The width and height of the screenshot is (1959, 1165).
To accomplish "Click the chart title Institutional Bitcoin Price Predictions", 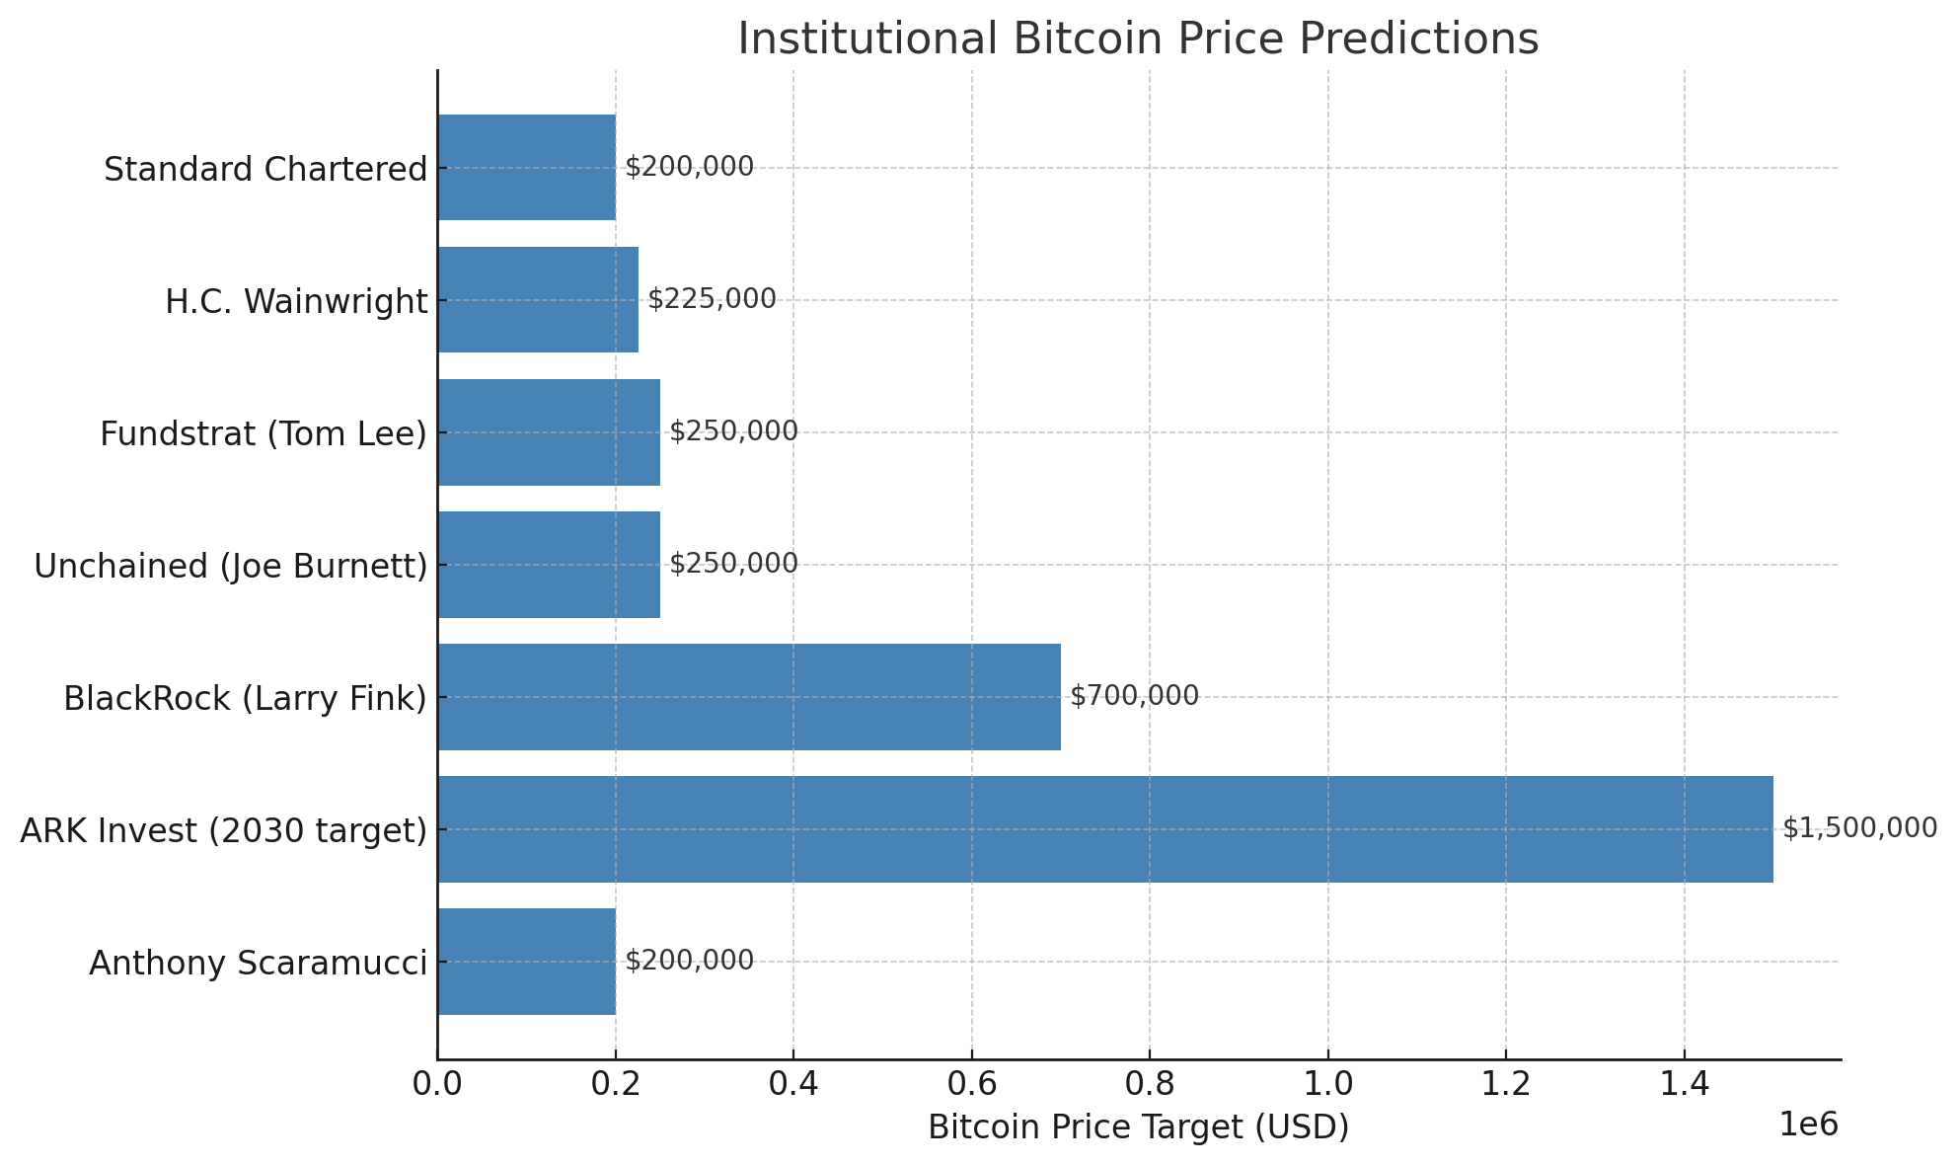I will [x=1138, y=39].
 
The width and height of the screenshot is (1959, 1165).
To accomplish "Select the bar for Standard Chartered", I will [x=527, y=168].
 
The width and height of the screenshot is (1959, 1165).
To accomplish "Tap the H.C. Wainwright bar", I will [x=538, y=300].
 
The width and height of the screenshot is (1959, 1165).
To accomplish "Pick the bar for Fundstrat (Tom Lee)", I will [x=549, y=432].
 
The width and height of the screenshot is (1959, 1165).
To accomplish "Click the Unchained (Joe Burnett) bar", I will [x=549, y=565].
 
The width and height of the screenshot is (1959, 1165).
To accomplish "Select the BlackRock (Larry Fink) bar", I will [x=749, y=697].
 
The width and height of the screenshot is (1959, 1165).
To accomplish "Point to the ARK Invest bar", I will [x=1105, y=829].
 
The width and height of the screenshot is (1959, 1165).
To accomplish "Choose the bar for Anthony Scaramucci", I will [x=527, y=962].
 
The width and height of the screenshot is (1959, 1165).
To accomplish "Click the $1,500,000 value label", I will [x=1859, y=828].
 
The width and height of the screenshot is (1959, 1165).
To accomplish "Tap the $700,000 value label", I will [x=1134, y=696].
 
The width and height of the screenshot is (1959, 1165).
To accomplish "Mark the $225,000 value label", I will [x=712, y=299].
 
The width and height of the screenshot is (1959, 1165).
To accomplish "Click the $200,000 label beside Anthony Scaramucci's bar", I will [x=689, y=961].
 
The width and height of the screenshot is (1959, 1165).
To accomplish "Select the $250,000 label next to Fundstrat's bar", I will [x=733, y=431].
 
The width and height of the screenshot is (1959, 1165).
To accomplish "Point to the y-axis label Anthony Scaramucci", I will [x=259, y=963].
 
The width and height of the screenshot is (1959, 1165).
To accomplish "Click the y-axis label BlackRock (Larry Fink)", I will [x=245, y=698].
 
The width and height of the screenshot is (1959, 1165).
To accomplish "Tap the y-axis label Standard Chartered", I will [x=265, y=170].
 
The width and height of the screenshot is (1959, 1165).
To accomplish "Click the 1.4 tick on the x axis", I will [x=1684, y=1084].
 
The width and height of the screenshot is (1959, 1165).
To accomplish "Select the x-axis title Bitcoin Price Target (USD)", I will [x=1138, y=1127].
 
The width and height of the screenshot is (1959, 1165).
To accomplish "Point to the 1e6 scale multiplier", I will [x=1808, y=1125].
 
